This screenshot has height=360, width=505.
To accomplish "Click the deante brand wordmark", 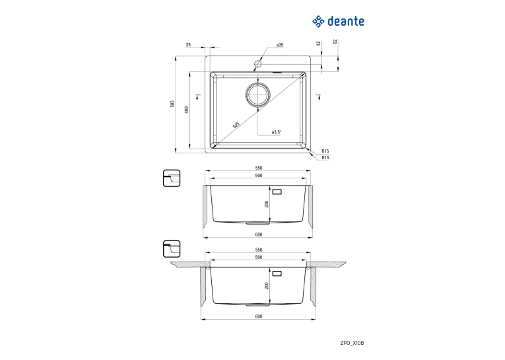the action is (345, 22).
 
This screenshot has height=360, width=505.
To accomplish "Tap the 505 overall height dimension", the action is (172, 104).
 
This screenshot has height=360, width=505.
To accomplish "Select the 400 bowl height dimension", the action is (186, 110).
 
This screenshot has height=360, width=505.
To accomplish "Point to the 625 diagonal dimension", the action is (236, 125).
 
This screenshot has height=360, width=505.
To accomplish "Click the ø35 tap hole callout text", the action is (279, 45).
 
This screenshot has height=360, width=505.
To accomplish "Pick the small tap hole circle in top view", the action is (257, 63).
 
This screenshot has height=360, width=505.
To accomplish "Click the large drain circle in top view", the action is (257, 94).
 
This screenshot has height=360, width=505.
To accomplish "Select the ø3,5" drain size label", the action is (277, 132).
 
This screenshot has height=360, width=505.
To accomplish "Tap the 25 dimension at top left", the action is (188, 45).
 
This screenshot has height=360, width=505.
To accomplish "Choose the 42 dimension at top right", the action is (319, 43).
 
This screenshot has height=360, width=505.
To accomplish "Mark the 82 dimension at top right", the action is (335, 41).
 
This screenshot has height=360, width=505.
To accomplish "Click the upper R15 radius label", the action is (325, 151).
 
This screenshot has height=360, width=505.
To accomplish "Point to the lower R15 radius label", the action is (325, 158).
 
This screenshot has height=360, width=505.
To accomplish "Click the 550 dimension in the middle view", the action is (259, 168).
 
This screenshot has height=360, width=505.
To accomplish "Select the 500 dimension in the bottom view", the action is (259, 257).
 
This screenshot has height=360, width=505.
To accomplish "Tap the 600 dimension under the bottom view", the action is (259, 316).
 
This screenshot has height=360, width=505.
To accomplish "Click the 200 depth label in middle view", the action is (267, 204).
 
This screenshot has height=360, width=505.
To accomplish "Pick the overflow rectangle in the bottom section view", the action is (277, 273).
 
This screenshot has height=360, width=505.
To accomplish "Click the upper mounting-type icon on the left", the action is (172, 178).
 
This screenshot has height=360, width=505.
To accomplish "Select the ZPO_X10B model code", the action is (352, 343).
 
